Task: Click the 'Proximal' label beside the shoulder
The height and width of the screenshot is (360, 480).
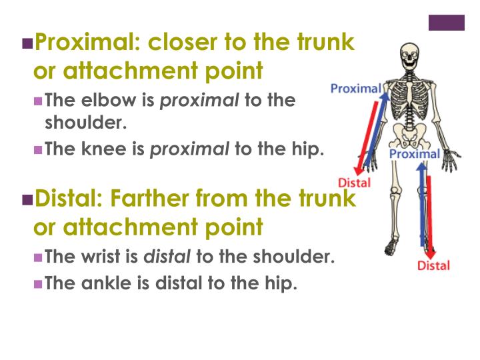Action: tap(356, 88)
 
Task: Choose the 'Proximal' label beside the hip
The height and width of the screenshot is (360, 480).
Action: tap(414, 155)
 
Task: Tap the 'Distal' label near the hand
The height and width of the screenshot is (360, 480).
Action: tap(355, 183)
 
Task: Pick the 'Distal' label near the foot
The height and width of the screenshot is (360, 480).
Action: tap(433, 265)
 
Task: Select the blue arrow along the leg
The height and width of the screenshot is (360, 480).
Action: tap(421, 207)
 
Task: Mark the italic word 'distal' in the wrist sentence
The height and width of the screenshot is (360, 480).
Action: tap(168, 257)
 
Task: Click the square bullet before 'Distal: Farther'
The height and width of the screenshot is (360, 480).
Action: tap(27, 199)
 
